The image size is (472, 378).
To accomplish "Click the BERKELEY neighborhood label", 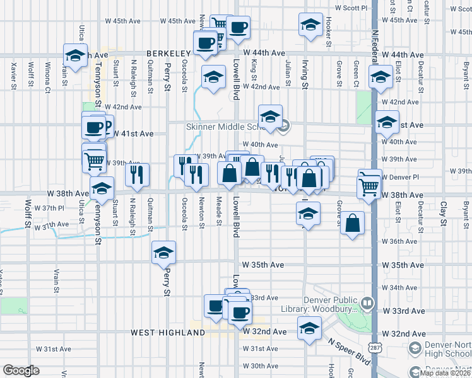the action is click(x=168, y=55).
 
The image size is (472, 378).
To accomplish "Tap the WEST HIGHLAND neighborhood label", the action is click(x=162, y=332).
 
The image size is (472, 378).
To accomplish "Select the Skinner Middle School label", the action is click(x=218, y=127).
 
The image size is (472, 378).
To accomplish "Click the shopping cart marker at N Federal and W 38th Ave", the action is click(x=369, y=183).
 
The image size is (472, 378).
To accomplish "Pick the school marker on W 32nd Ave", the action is click(x=309, y=329).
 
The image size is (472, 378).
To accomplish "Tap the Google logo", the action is click(x=21, y=370).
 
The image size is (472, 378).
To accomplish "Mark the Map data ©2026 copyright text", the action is click(x=445, y=373).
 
